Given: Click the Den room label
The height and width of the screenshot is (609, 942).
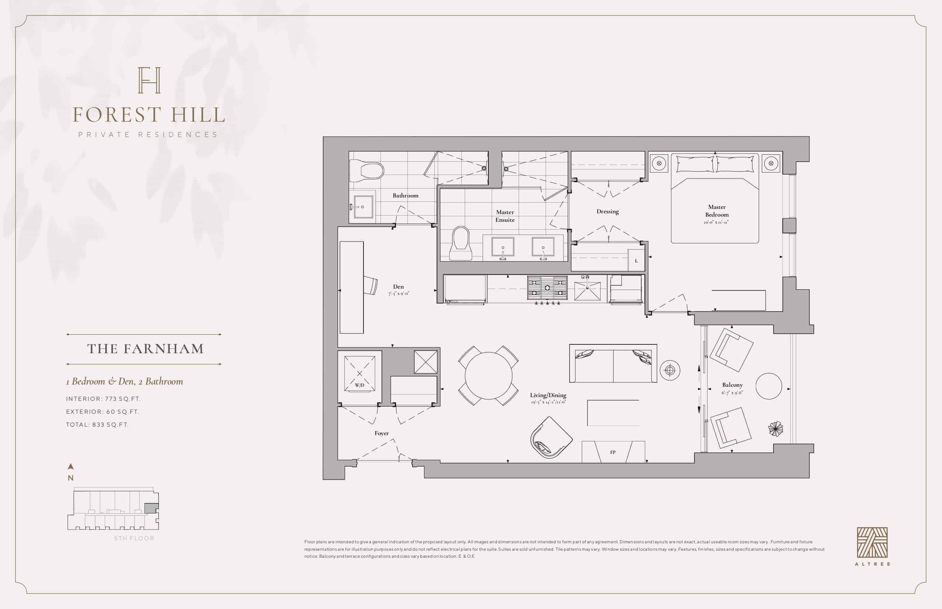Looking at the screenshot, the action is coord(398,287).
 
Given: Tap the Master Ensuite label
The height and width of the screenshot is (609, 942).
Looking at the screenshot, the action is coord(505,216).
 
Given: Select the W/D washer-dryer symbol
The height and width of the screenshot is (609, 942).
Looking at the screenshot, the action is coord(359,374).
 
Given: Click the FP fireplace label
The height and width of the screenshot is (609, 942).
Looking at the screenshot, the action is coord(613,452).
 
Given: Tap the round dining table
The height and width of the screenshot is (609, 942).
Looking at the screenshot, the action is coord(488,375).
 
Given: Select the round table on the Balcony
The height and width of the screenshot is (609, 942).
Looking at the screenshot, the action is coord(769,386).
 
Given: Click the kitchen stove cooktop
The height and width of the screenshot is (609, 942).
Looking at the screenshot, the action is coord(547,288).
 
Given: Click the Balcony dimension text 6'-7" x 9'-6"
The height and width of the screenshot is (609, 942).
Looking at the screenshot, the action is coord(732,393).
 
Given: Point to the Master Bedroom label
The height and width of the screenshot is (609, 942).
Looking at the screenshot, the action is coord(717,211).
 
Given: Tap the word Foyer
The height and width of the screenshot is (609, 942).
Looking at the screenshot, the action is coord(382,433).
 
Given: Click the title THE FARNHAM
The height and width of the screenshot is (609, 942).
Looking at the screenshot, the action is coord(146,349).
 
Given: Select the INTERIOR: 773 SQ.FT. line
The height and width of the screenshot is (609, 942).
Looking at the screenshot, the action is coord(103,399).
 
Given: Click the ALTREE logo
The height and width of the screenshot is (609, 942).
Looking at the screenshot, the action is coord(872,546).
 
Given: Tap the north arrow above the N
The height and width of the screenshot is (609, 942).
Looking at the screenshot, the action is coord(71,467).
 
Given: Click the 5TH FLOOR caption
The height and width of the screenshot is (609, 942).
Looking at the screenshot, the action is coord(134,538).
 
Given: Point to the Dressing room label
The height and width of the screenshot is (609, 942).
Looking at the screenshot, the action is coord(608,211).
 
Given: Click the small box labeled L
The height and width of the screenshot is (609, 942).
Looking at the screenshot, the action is coord(636,261).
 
